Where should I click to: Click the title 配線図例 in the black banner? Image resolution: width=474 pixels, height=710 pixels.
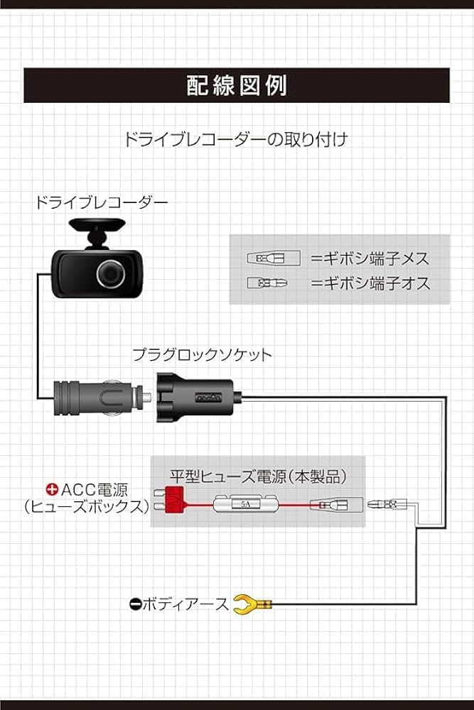pyautogui.click(x=236, y=85)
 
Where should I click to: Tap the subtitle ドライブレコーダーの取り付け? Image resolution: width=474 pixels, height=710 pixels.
pyautogui.click(x=236, y=138)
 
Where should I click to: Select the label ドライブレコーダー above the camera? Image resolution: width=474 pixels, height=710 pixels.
pyautogui.click(x=102, y=202)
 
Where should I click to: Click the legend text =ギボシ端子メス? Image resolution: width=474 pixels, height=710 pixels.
pyautogui.click(x=370, y=258)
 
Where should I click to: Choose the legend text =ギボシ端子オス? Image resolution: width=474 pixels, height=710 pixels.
pyautogui.click(x=370, y=284)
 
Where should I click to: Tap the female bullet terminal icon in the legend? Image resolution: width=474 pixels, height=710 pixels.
pyautogui.click(x=266, y=258)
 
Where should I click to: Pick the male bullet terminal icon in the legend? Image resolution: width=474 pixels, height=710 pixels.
pyautogui.click(x=267, y=283)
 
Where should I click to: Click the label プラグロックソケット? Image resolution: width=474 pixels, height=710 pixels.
pyautogui.click(x=202, y=354)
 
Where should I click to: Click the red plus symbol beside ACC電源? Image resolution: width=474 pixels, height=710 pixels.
pyautogui.click(x=52, y=489)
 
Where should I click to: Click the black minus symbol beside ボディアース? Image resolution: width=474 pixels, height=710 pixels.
pyautogui.click(x=136, y=605)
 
